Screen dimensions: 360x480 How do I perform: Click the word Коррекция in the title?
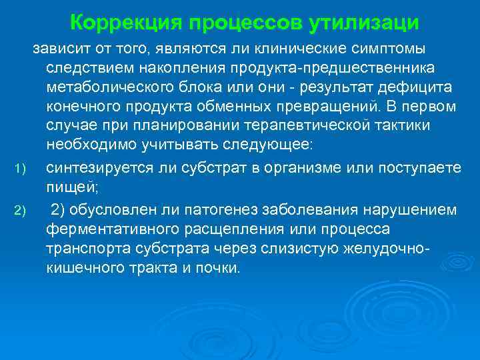click(127, 23)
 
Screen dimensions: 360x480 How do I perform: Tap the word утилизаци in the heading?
click(364, 23)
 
